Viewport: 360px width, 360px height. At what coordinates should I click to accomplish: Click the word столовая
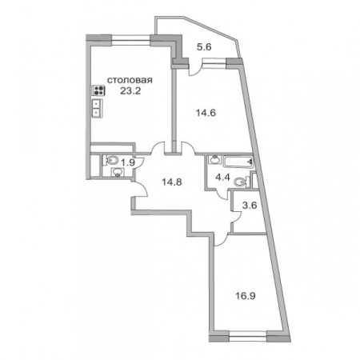pos(130,80)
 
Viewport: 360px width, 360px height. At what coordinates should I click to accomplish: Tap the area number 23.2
pos(130,91)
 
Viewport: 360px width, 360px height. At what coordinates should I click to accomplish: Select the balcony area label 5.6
pos(204,47)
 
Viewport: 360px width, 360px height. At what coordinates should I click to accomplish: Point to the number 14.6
pos(206,113)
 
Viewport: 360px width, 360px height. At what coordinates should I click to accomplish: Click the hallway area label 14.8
pos(172,182)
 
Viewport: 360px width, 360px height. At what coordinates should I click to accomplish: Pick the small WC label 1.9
pos(128,162)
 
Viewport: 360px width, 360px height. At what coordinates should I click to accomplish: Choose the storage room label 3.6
pos(250,206)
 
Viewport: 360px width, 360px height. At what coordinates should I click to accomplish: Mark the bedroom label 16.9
pos(246,296)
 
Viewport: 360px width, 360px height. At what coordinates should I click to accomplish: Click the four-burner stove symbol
pos(98,90)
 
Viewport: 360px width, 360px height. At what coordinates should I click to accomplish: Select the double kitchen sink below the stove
pos(97,108)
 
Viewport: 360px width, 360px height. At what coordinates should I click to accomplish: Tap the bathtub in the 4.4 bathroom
pos(238,162)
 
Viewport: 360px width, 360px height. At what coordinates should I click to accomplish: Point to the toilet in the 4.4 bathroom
pos(241,182)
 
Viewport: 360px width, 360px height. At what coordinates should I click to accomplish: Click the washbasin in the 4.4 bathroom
pos(214,160)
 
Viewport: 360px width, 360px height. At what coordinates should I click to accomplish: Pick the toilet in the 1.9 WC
pos(112,160)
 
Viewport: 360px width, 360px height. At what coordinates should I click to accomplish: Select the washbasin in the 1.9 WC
pos(117,173)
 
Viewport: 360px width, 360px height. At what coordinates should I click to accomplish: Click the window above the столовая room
pos(130,39)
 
